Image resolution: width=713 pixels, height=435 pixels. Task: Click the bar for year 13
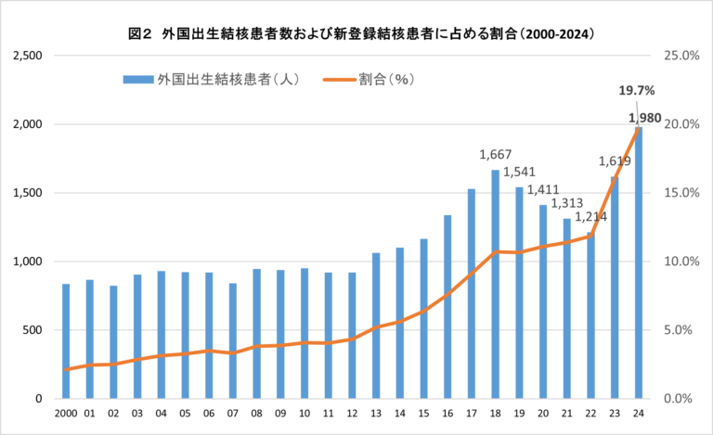(x=375, y=325)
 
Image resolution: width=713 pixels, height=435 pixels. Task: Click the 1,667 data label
(x=496, y=155)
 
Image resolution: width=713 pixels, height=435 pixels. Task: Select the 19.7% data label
(x=637, y=91)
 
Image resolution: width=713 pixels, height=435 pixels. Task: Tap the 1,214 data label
(x=590, y=217)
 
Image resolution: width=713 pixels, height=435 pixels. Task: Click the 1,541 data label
(x=520, y=172)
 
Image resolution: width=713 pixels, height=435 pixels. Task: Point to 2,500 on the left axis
(x=29, y=56)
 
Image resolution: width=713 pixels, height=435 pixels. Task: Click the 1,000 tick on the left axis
(x=29, y=262)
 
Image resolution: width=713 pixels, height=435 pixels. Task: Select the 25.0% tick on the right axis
(x=681, y=56)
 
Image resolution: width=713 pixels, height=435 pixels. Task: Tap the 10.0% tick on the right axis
(x=681, y=262)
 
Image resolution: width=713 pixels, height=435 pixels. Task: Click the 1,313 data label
(x=566, y=203)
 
